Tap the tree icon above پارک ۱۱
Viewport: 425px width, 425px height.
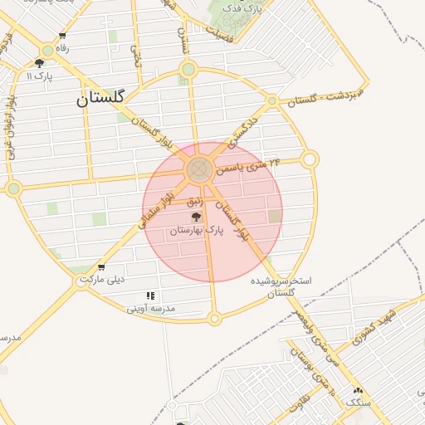(x=39, y=63)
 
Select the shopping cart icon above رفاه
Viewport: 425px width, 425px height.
(x=62, y=36)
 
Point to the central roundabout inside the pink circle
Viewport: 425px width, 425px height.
(x=198, y=170)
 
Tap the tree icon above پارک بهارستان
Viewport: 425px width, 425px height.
(x=196, y=216)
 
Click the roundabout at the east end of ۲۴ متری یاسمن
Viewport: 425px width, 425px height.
(x=310, y=159)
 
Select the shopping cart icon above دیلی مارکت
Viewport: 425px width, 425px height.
(x=101, y=267)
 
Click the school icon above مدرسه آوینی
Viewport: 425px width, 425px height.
(x=150, y=296)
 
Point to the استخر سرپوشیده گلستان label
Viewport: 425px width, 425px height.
(x=282, y=287)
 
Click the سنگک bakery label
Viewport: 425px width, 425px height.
(x=358, y=402)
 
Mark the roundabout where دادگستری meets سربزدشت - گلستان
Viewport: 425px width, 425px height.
(x=271, y=100)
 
